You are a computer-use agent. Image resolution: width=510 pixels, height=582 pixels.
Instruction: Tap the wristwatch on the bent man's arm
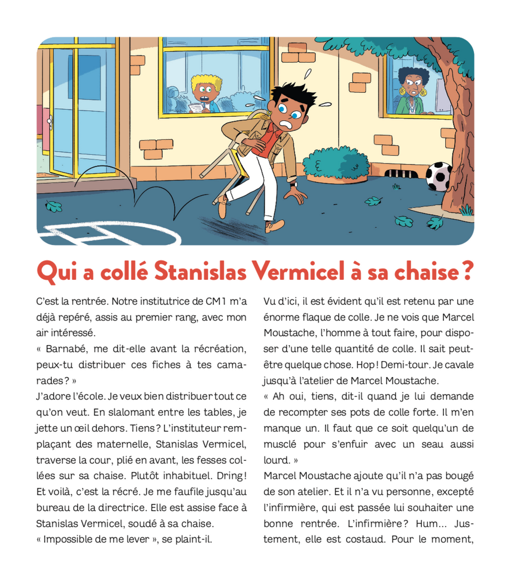click(x=294, y=184)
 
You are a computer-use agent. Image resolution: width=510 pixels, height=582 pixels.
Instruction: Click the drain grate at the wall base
click(x=402, y=174)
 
